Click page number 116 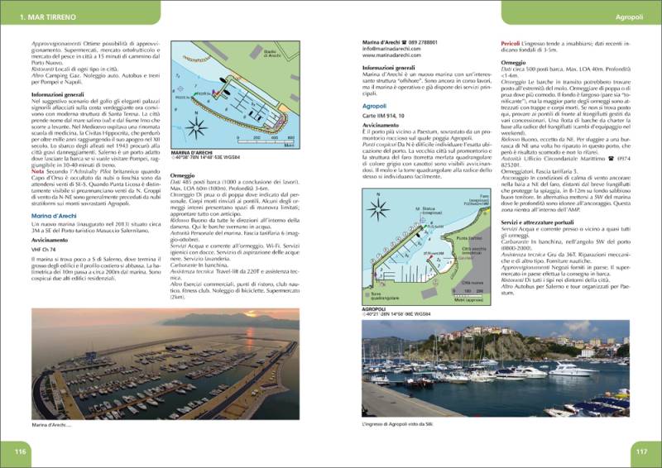(x=21, y=451)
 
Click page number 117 (x=640, y=451)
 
